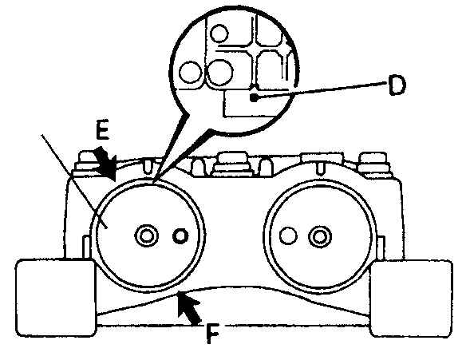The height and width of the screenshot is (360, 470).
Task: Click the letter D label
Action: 397,85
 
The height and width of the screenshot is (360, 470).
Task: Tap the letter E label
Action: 102,129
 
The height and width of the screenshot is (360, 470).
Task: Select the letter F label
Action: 212,334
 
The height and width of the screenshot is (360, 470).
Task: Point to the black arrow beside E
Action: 105,164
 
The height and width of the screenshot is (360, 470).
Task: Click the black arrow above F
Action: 188,309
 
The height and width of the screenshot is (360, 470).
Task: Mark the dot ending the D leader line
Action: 254,97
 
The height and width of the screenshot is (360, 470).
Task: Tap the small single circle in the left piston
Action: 180,236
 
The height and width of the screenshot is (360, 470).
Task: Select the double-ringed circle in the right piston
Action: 320,236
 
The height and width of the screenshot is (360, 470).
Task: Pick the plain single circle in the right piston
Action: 288,235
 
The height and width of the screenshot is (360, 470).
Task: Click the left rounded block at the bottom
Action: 56,298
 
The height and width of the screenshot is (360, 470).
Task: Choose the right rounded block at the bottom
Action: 411,299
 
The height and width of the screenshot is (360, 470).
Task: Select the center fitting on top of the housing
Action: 230,164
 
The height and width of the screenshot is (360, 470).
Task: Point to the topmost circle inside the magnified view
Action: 219,33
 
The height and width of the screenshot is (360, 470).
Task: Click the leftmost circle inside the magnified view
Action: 191,72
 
